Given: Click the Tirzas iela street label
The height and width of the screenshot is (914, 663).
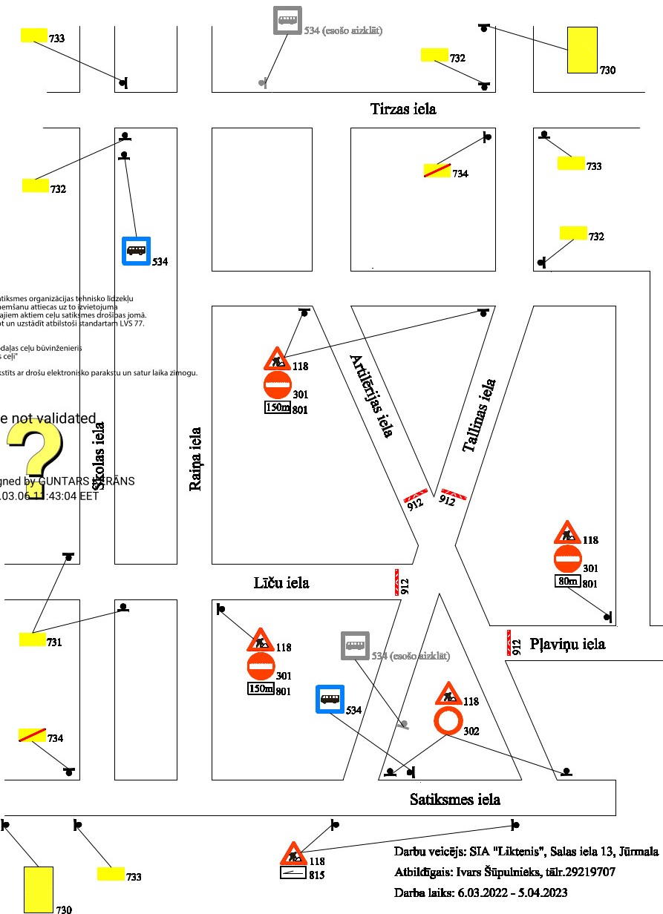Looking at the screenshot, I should pos(403,109).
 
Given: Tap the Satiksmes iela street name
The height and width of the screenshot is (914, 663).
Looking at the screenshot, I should pos(454,799).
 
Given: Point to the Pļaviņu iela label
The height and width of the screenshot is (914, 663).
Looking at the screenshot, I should pos(567,644).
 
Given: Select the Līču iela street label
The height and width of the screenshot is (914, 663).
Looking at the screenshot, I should pos(281,583).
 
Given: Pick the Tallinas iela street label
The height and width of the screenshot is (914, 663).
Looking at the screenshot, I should pos(479,415).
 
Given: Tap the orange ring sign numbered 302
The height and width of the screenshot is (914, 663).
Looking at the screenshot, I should pos(448,721).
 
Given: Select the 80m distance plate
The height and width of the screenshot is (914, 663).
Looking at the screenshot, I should pos(568,581).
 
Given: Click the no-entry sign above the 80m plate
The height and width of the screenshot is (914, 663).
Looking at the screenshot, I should pos(568,559).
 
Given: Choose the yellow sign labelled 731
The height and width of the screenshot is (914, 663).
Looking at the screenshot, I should pos(33,639).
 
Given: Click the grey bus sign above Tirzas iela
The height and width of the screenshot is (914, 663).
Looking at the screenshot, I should pos(287,20).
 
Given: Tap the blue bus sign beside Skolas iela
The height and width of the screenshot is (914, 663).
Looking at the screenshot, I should pos(137,251).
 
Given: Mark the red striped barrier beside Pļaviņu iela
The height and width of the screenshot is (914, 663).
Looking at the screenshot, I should pos(512,642).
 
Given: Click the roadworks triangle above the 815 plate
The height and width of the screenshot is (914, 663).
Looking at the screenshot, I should pos(294,855).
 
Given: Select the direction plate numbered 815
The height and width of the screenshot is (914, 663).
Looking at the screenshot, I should pos(293,874).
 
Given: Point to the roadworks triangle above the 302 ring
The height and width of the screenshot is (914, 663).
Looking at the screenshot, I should pos(448,694).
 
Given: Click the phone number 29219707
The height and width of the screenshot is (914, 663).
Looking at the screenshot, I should pos(589,872).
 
